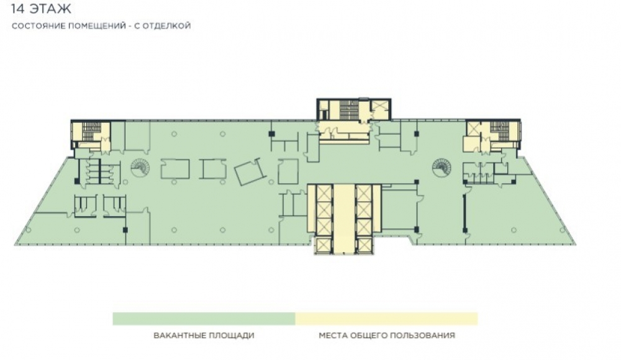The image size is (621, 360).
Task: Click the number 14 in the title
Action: pos(17,8)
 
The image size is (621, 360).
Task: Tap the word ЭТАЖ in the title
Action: pos(50,8)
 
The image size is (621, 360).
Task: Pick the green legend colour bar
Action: pos(204,318)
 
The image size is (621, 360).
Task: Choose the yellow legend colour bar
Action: pos(386,318)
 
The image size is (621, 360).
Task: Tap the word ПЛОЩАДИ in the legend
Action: pos(230,335)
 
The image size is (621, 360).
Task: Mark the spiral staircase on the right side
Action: pos(441,168)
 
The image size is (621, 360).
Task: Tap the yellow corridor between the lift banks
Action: pos(344,218)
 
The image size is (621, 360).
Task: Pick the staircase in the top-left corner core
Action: pos(91,131)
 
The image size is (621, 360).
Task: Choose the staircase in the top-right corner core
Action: pos(499,131)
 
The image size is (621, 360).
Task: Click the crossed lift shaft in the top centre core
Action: pos(380,107)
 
